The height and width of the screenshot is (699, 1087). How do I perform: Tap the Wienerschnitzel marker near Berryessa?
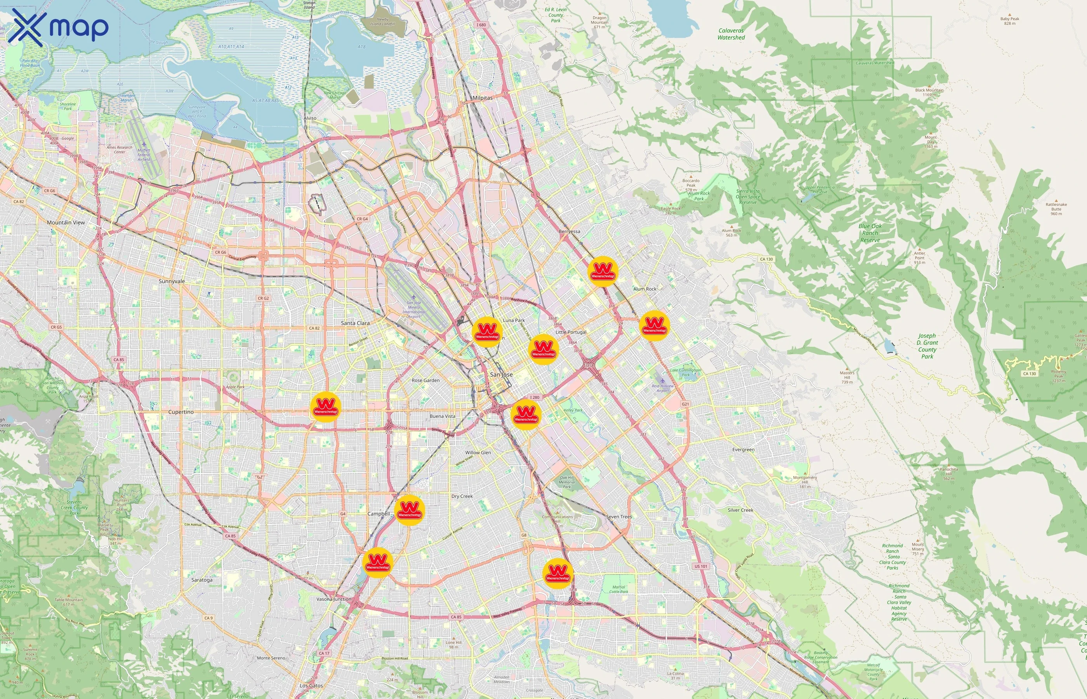point(603,271)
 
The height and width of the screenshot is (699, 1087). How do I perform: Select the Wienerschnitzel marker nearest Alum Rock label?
point(654,325)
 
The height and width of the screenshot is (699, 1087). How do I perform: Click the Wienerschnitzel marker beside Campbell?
point(409,511)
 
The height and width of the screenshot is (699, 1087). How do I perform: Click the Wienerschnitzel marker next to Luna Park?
point(487,332)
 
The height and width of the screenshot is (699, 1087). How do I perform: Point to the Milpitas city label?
point(482,98)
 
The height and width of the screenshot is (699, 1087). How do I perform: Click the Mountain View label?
point(66,223)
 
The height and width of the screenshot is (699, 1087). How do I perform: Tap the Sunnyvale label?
point(172,282)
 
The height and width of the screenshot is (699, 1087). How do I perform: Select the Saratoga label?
point(202,580)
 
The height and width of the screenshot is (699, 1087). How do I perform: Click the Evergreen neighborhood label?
point(743,450)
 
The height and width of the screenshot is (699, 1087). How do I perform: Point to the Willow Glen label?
point(478,452)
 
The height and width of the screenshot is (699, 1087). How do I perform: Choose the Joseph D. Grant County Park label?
point(927,346)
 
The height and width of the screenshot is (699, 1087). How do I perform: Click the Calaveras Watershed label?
point(731,34)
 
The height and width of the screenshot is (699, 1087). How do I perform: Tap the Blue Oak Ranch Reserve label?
point(870,233)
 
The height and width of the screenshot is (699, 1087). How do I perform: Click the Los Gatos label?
point(311,686)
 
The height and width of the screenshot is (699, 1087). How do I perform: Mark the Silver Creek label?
point(740,510)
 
